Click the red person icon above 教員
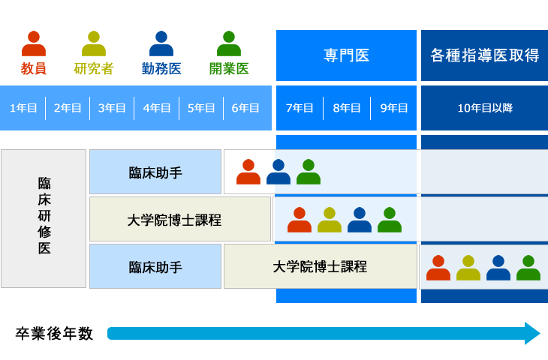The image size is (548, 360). [x=34, y=43]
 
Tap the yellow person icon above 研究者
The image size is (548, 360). [x=94, y=43]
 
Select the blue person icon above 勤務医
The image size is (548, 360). [x=161, y=43]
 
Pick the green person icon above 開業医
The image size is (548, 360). [x=229, y=43]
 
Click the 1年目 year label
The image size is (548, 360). [x=23, y=108]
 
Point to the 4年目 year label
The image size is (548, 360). [x=157, y=108]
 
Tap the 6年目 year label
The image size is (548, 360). [x=245, y=108]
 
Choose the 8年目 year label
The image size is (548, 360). [x=347, y=108]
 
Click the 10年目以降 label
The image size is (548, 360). [x=485, y=108]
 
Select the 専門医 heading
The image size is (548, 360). [x=346, y=55]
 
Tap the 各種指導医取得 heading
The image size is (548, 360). [x=485, y=55]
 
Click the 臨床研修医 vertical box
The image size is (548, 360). [x=44, y=218]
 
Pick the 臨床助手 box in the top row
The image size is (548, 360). [x=155, y=172]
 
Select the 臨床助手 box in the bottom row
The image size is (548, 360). [x=155, y=267]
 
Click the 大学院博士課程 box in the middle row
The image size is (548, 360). [x=179, y=220]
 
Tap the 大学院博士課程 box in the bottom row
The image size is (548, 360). [x=320, y=266]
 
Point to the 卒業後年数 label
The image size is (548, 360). [x=54, y=334]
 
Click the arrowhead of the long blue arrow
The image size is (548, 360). [x=532, y=333]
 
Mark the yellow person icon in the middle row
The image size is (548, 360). [x=330, y=220]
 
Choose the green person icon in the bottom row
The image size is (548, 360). [x=528, y=268]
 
